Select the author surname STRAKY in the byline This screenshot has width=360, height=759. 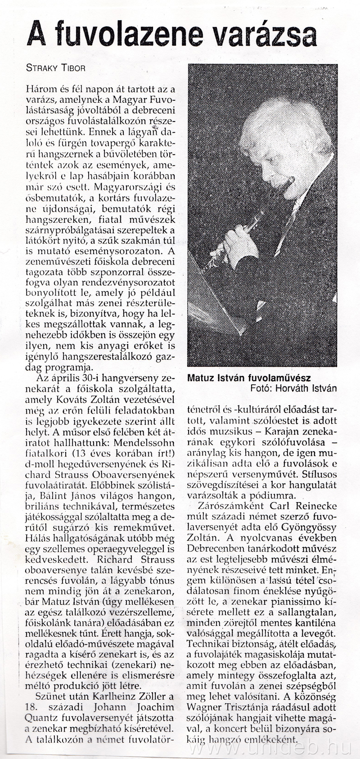43,68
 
